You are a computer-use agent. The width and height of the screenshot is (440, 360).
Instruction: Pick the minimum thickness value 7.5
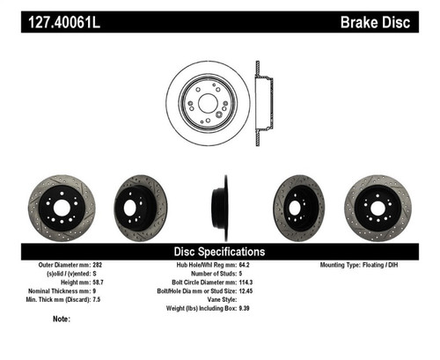(99, 299)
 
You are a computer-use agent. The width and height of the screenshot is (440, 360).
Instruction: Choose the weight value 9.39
(249, 308)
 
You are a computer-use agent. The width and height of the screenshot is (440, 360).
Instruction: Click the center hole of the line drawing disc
(209, 101)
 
